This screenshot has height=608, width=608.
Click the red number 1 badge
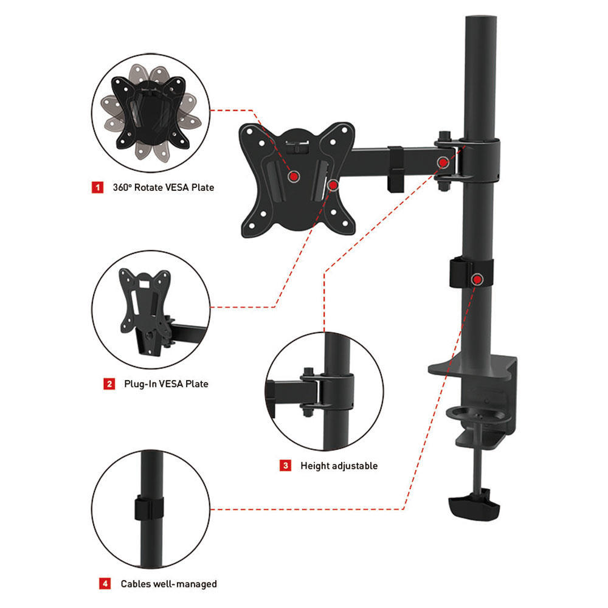coord(97,187)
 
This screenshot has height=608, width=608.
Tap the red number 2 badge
coord(109,384)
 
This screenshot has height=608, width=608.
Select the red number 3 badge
coord(285,466)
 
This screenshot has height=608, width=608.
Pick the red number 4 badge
coord(105,584)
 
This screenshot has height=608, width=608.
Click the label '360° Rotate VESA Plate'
coord(163,187)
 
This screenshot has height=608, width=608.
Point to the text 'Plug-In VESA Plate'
coord(166,384)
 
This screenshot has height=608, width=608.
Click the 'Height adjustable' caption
coord(339,466)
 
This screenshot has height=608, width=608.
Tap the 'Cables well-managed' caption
coord(168,584)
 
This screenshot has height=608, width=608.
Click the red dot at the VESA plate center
coord(294,176)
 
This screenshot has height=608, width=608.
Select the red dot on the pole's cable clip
coord(478,279)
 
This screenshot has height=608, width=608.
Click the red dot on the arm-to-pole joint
coord(444,162)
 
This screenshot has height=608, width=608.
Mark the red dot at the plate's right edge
coord(333,184)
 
